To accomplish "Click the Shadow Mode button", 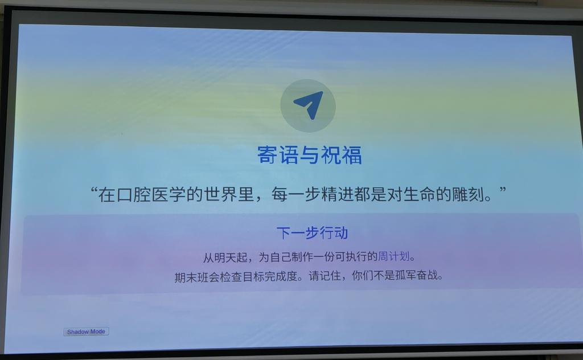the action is point(86,332).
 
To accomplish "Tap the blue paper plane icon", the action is point(309,104).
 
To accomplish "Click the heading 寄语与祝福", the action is point(310,155).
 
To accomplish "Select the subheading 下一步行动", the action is point(313,233).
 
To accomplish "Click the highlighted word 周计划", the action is point(394,256).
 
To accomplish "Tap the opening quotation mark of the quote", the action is point(95,191).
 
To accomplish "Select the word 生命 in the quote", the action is point(418,194).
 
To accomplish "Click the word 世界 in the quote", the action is point(221,194).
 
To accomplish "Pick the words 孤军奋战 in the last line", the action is point(417,276).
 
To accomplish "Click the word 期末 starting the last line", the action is point(186,277).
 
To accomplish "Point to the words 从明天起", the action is point(224,257).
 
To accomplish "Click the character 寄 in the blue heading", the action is point(268,155).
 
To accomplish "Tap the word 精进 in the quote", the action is point(337,194).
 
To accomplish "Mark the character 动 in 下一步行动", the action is point(342,233).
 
